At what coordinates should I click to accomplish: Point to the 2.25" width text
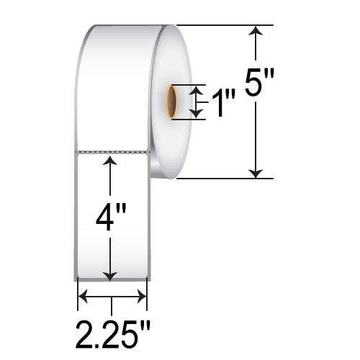coord(114,335)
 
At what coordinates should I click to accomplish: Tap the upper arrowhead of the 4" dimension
coord(110,160)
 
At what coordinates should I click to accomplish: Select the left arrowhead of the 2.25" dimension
coord(81,294)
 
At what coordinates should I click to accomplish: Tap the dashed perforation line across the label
coord(112,152)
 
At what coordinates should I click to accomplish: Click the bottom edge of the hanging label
coord(112,280)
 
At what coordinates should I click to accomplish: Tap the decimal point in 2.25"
coord(98,344)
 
